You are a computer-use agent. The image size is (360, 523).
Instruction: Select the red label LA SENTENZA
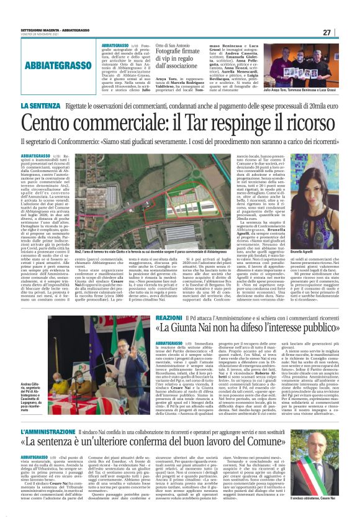click(x=40, y=106)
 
